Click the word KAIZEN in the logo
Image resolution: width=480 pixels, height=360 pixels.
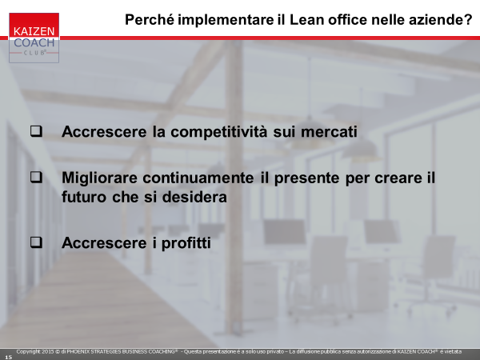coord(34,31)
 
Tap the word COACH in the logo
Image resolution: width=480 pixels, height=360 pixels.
coord(34,42)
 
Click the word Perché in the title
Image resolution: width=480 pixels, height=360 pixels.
coord(150,20)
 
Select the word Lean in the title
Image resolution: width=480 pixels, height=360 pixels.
coord(306,20)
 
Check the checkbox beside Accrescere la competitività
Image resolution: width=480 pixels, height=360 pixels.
coord(36,131)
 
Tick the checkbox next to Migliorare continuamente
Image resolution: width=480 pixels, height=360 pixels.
coord(36,178)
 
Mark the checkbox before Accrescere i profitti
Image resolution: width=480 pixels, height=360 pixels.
coord(36,242)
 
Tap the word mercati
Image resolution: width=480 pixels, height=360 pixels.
coord(329,132)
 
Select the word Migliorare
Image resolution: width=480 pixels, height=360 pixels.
coord(99,178)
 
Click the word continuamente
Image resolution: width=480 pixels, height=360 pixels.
coord(198,178)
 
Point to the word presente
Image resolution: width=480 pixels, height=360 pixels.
coord(306,178)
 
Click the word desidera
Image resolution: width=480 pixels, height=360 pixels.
coord(194,197)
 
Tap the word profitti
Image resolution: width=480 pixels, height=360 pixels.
coord(186,244)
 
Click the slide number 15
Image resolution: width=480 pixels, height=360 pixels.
coord(8,357)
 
